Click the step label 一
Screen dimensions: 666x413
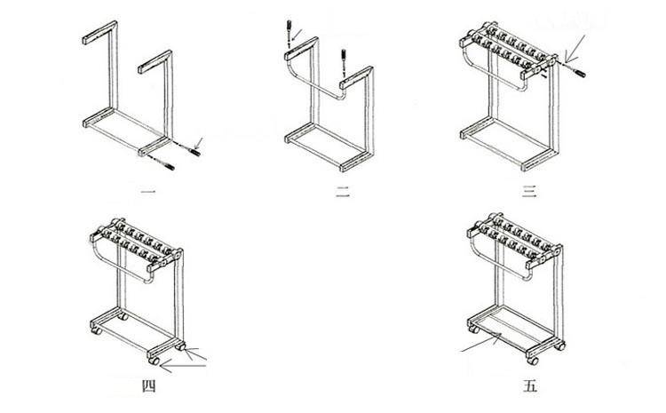[147, 193]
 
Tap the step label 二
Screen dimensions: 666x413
[343, 192]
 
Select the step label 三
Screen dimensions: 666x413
[529, 192]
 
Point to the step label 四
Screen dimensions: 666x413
[148, 386]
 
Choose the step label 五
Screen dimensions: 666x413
[530, 386]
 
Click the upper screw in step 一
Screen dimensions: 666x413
[194, 151]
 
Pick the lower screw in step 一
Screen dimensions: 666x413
[168, 166]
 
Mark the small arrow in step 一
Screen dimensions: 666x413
[200, 142]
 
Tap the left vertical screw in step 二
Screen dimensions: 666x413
[289, 29]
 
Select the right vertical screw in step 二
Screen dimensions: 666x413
[343, 59]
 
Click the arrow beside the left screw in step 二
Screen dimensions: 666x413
[297, 33]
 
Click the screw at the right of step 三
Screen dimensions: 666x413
[579, 73]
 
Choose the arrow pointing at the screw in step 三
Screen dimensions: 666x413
[575, 48]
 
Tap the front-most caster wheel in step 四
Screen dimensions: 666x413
[154, 361]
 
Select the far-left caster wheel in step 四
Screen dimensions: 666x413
[97, 330]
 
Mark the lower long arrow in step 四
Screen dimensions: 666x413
[184, 365]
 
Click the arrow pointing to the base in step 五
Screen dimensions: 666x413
[481, 343]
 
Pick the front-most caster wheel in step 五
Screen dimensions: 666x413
[532, 361]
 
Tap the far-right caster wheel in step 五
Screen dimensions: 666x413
[560, 345]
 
